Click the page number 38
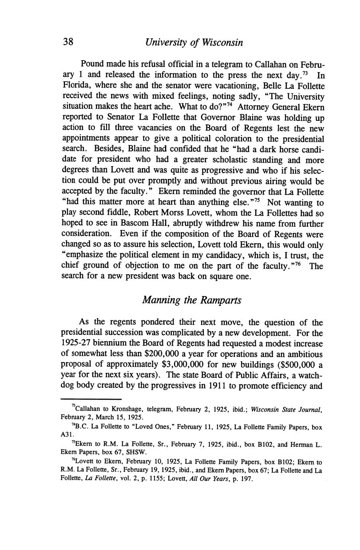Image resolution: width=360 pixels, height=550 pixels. coord(67,42)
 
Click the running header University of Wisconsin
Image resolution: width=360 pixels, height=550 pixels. coord(194,42)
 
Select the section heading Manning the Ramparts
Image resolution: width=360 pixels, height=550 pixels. coord(192,300)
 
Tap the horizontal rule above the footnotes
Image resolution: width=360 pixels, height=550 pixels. coord(91,399)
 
